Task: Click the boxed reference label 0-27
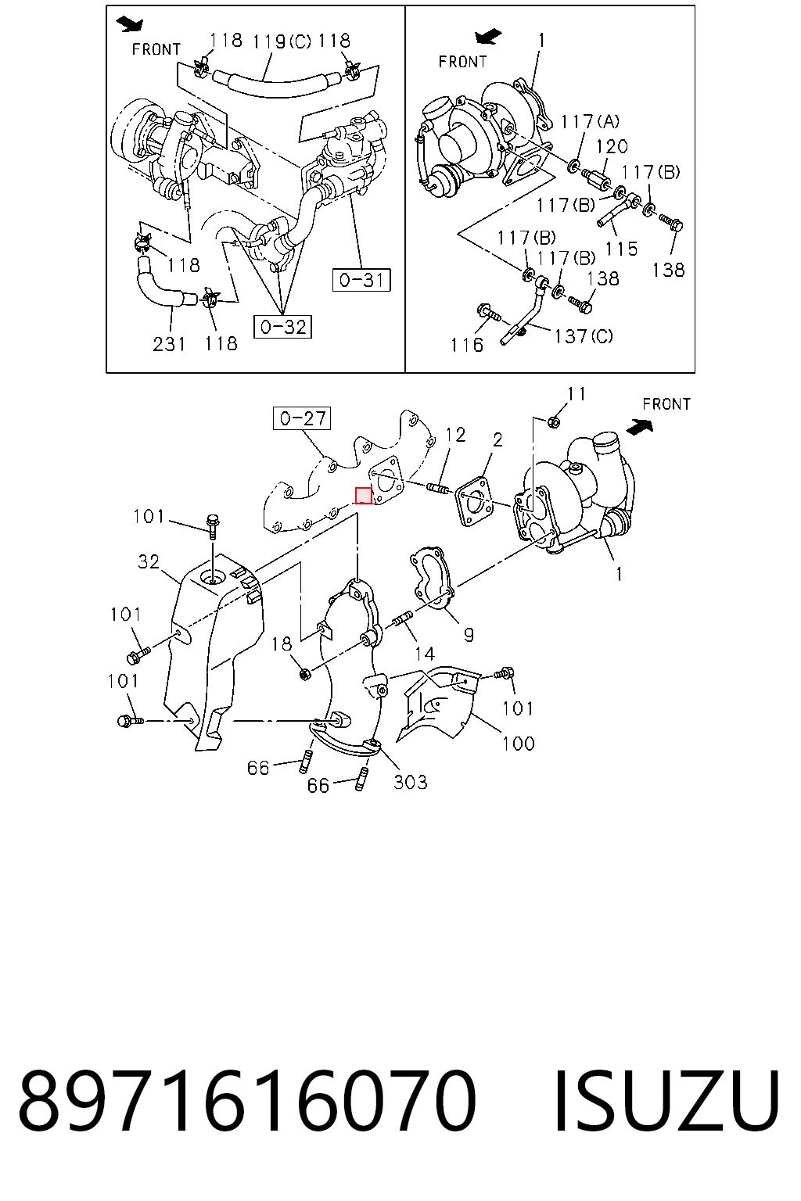point(302,419)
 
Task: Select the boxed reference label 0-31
point(361,280)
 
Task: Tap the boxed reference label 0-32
point(282,327)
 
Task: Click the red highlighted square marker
point(364,496)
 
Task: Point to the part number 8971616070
point(247,1101)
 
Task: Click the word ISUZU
point(666,1101)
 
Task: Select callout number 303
point(411,782)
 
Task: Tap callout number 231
point(169,344)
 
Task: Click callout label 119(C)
point(282,41)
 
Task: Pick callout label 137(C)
point(584,336)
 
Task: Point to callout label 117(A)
point(590,122)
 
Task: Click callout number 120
point(612,146)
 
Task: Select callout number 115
point(621,249)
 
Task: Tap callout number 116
point(467,345)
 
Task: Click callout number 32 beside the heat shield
point(149,562)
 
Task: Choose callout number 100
point(519,744)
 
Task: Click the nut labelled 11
point(555,422)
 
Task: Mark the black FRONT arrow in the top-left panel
point(130,23)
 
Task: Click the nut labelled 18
point(304,674)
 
